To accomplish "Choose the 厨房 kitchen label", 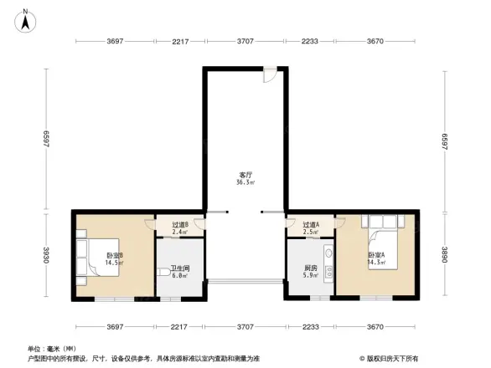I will tap(311, 270).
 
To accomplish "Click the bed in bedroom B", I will tap(87, 248).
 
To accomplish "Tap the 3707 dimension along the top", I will tap(245, 41).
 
